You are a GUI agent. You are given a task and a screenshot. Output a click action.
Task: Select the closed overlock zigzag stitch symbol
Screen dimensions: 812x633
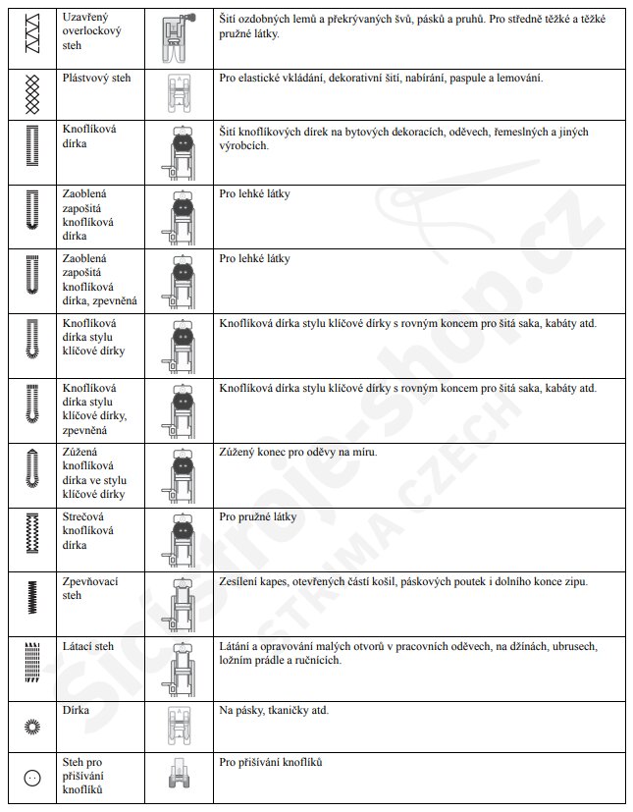(x=30, y=32)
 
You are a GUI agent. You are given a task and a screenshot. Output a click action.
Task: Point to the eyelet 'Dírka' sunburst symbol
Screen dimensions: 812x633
(x=31, y=726)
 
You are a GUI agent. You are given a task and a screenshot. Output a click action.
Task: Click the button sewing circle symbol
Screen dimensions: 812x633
(x=31, y=778)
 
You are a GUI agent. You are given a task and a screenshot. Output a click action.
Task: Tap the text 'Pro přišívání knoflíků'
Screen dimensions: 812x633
(x=272, y=763)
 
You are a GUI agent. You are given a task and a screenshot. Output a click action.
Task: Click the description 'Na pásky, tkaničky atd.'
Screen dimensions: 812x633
(x=274, y=710)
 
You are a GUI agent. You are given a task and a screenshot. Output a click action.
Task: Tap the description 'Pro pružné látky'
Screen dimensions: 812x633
(x=255, y=516)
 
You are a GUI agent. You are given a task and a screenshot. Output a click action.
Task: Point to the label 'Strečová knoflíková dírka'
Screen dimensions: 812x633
(x=88, y=530)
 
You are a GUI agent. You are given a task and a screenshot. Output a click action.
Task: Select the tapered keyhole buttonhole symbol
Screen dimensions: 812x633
(x=31, y=470)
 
